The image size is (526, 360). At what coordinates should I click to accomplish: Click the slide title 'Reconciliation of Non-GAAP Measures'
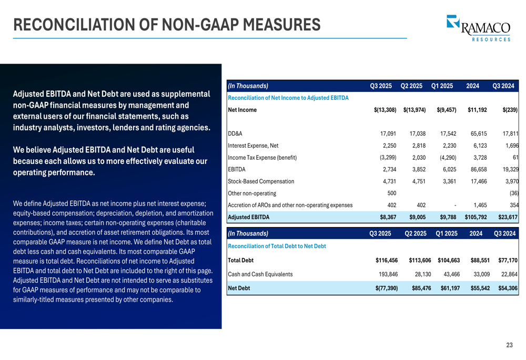[167, 24]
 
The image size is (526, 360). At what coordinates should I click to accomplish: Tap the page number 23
[509, 345]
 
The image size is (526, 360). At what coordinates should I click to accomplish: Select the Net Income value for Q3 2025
[385, 110]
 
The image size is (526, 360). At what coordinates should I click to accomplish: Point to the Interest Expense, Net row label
[253, 146]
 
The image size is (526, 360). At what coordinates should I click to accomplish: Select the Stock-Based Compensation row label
[261, 182]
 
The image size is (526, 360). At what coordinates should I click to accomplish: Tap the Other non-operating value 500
[391, 193]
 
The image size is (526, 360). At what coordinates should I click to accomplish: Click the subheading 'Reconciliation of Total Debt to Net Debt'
[277, 246]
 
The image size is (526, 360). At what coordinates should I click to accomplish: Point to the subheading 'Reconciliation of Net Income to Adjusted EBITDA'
[288, 98]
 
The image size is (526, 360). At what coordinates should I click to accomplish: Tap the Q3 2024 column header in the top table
[503, 86]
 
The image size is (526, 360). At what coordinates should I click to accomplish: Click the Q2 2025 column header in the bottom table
[414, 233]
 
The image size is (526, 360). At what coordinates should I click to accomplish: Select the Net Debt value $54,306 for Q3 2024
[508, 289]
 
